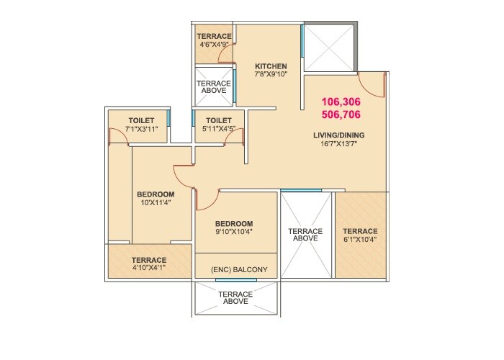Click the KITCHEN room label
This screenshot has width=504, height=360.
pos(271,66)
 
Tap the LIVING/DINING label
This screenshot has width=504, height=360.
pos(339,135)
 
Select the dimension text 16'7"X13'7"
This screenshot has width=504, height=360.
pos(339,143)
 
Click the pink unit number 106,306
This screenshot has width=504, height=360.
pos(341,102)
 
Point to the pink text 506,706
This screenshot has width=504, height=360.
pos(341,114)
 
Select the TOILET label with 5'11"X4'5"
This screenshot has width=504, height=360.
pos(218,120)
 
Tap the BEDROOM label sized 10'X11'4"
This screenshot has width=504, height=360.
pos(156,194)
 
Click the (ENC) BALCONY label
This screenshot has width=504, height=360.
pos(239,270)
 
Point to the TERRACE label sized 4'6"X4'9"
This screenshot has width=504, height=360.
pos(215,36)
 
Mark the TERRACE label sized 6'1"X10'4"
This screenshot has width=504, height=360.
pos(361,231)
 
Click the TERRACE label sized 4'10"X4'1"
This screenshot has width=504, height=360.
pos(148,260)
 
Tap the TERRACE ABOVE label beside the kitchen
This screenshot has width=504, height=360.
pos(215,87)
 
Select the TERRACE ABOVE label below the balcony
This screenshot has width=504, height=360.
pos(235,297)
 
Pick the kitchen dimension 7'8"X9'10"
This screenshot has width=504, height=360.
pos(271,75)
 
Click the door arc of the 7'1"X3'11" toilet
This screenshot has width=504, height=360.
pos(116,136)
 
